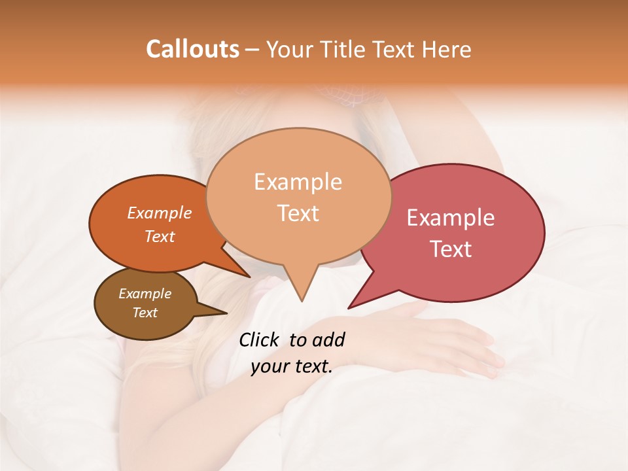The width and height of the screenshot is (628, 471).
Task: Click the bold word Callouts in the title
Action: point(192,49)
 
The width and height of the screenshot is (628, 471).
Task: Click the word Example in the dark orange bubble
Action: point(160,213)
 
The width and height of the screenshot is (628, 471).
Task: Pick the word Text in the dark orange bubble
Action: point(160,236)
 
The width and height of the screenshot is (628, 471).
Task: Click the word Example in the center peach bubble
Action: point(298,182)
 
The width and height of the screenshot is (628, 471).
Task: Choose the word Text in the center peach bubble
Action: point(298,213)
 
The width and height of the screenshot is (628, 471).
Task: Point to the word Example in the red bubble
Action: point(451,218)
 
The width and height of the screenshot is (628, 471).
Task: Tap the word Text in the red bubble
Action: point(451,249)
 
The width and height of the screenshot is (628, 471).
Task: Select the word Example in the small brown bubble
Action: point(145,294)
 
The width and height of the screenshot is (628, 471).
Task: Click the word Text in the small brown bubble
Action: point(145,313)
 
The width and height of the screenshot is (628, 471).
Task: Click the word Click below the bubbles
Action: point(260,340)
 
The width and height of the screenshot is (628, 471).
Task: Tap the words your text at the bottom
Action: point(291,367)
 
